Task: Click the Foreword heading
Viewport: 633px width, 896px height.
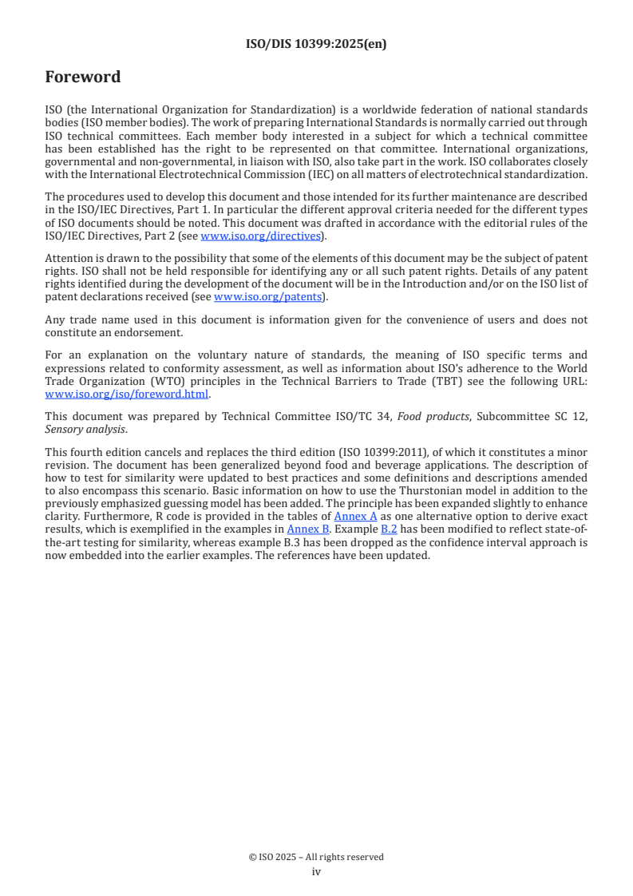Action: pos(83,77)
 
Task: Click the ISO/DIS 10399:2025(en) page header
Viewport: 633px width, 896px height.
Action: pos(316,44)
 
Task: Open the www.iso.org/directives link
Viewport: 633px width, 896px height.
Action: pos(260,236)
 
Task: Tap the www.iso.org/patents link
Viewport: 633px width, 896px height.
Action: pos(268,297)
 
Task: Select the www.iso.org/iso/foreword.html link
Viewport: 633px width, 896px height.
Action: pos(126,394)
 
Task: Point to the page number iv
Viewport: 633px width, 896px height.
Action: pos(316,871)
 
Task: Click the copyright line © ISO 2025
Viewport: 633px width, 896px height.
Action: pos(316,857)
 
